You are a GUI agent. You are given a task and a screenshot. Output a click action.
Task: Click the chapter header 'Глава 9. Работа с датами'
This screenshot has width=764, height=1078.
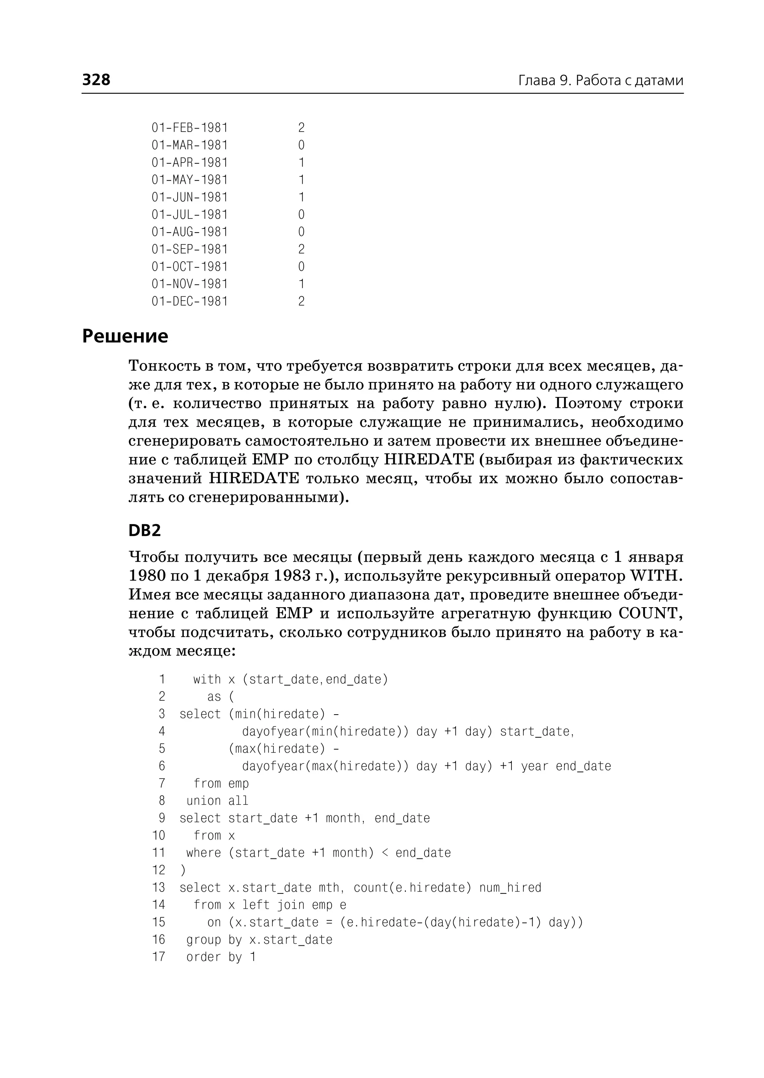tap(601, 81)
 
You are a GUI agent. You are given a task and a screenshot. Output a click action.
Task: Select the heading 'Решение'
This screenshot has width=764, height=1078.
tap(125, 337)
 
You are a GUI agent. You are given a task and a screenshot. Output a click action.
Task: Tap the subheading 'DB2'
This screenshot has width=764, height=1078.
tap(144, 530)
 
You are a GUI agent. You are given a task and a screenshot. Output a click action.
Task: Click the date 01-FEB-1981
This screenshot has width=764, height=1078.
tap(190, 127)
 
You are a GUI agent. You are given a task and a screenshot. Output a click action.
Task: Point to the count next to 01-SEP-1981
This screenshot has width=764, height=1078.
tap(301, 249)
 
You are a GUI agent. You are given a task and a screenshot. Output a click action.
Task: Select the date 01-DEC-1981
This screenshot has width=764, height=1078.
tap(190, 301)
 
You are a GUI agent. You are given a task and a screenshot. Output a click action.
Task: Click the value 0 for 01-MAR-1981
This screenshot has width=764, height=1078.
tap(301, 145)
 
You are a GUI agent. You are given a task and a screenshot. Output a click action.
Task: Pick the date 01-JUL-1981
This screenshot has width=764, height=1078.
tap(190, 214)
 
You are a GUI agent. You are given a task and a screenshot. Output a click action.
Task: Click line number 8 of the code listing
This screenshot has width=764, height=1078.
tap(162, 801)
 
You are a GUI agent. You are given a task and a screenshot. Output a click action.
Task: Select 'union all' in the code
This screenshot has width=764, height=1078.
tap(217, 801)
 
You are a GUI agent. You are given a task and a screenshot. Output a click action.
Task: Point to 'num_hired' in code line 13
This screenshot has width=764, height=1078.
tap(510, 888)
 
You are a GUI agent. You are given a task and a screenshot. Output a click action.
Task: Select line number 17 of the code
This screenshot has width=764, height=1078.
tap(159, 957)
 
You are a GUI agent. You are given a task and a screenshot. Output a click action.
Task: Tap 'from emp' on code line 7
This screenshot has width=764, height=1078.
tap(221, 783)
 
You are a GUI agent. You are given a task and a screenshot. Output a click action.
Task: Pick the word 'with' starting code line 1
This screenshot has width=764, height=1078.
tap(207, 679)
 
